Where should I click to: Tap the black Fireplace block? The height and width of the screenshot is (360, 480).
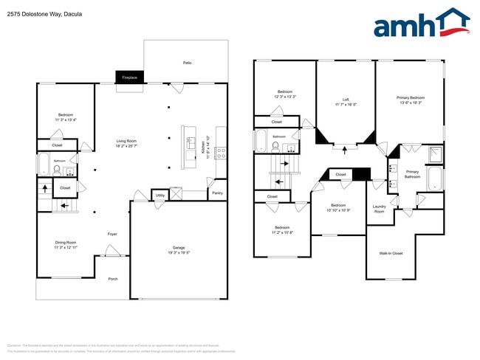point(130,77)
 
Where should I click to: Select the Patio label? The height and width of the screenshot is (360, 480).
point(188,63)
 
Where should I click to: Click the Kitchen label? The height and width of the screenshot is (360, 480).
point(208,148)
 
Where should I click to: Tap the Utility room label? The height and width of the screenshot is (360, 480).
point(160,195)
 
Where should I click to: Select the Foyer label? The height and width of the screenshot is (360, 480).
point(112,235)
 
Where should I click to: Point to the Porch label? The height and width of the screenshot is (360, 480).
point(113,279)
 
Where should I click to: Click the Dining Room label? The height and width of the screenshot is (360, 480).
point(65,244)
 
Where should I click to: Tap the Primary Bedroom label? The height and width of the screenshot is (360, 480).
point(411,100)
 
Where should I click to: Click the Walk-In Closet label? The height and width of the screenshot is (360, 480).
point(391,253)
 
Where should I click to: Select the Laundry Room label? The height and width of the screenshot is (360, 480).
point(380,210)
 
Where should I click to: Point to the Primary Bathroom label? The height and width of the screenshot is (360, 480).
point(412,174)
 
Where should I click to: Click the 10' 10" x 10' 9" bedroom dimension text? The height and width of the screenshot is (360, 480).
point(338,210)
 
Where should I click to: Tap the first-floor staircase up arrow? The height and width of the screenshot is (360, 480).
point(45,188)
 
